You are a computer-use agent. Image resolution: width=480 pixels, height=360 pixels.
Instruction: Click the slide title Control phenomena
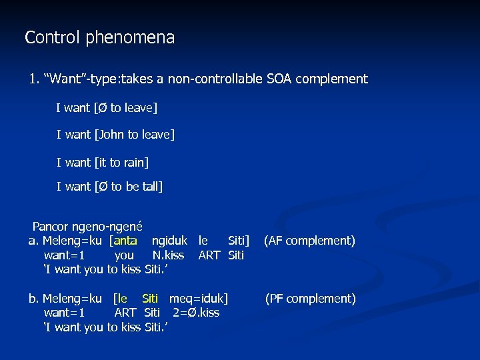coord(99,38)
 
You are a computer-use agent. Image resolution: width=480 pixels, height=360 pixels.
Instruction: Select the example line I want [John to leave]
coord(115,135)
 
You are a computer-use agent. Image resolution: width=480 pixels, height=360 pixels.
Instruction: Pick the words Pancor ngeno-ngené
coord(87,227)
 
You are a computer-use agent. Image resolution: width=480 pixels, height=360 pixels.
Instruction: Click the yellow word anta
coord(125,241)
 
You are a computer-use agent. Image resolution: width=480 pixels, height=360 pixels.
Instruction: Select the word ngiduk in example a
coord(169,241)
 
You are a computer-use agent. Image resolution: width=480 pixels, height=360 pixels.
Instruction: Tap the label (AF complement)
coord(309,241)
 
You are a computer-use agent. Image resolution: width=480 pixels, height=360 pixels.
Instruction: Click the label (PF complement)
coord(311,299)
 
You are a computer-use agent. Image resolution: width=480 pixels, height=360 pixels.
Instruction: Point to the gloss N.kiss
coord(168,255)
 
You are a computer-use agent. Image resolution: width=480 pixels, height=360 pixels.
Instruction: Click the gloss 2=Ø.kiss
coord(195,313)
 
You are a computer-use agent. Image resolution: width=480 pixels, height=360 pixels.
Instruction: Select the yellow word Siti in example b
coord(150,299)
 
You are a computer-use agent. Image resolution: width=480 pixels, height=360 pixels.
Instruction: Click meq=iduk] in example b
coord(198,299)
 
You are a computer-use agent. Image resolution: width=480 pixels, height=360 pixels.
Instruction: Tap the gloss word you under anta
coord(124,255)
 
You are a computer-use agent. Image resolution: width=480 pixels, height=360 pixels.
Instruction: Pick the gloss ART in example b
coord(125,313)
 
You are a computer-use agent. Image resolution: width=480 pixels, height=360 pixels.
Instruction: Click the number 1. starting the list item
coord(33,79)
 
